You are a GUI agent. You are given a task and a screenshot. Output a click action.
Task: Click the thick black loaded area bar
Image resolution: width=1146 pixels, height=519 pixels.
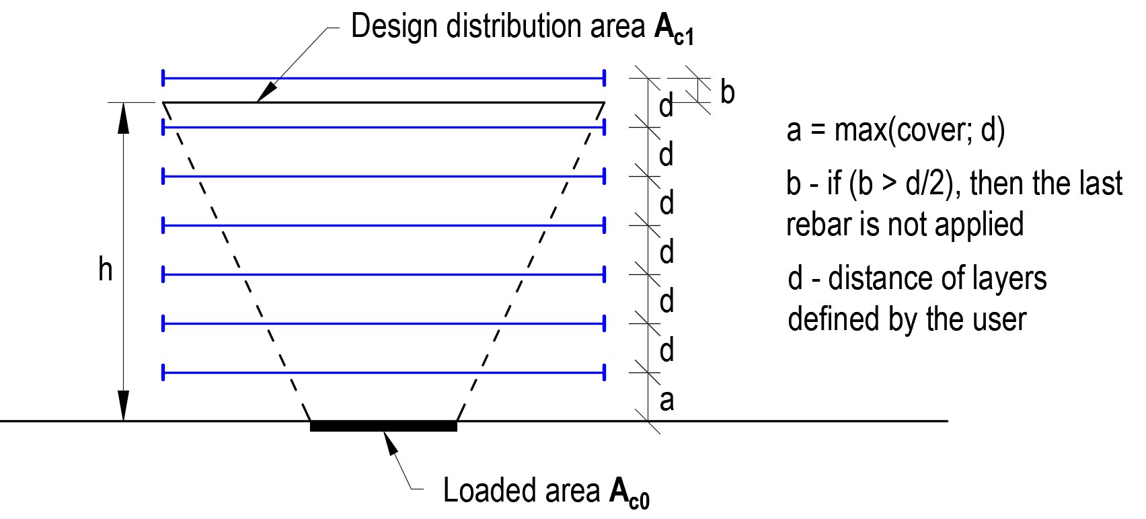click(383, 426)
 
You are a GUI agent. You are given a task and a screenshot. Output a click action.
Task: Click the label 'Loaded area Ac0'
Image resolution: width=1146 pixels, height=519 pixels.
click(545, 491)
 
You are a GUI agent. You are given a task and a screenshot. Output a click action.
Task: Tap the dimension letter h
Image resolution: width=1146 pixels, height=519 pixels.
click(105, 270)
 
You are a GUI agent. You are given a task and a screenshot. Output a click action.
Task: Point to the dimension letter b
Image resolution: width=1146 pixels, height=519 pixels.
click(727, 92)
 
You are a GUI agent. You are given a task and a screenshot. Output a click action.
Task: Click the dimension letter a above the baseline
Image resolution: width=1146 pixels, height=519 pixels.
click(666, 401)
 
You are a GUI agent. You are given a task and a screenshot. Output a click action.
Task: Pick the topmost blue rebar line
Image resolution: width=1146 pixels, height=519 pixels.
click(383, 79)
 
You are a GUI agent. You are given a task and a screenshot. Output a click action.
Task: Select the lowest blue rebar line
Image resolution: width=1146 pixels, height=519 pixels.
click(383, 372)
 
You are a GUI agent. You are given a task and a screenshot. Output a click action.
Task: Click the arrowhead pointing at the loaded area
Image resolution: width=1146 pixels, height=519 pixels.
click(390, 444)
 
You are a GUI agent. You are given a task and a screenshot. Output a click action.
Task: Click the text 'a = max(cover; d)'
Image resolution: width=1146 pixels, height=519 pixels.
click(895, 130)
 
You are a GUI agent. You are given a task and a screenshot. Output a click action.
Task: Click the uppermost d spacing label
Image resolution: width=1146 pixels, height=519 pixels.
click(666, 106)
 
